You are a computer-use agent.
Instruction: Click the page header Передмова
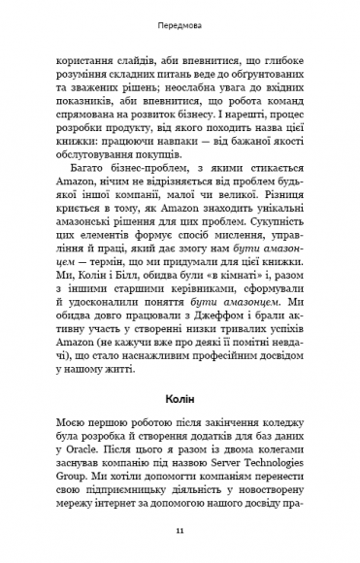tap(180, 18)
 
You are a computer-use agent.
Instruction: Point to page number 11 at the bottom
tap(180, 532)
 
